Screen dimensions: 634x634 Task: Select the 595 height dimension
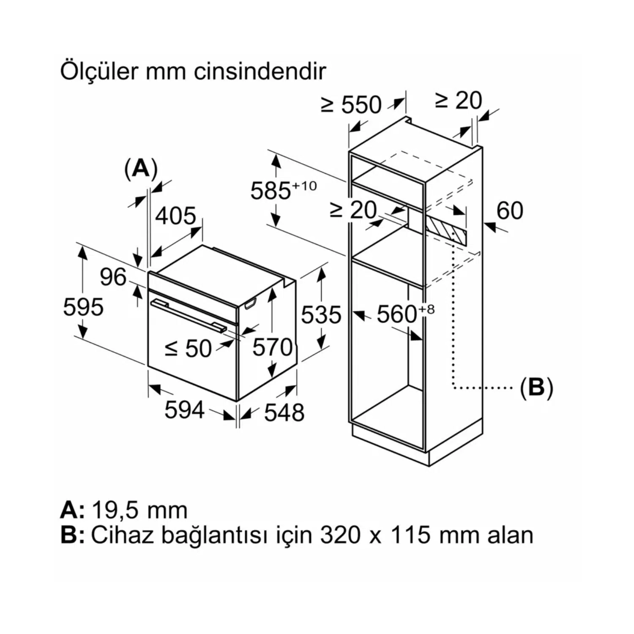[83, 307]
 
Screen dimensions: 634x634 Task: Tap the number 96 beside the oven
[113, 277]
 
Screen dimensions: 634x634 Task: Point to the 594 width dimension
[185, 410]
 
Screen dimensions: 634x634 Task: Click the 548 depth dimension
[284, 412]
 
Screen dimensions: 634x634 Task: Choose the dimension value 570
[272, 347]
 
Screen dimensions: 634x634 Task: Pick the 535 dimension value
[321, 315]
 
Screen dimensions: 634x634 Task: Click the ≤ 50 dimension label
[188, 349]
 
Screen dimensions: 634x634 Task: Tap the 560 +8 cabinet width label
[405, 314]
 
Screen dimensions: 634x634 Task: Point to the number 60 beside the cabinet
[510, 210]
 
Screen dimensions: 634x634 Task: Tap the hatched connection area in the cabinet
[445, 231]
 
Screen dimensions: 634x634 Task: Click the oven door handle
[189, 315]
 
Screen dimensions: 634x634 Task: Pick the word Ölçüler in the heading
[99, 71]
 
